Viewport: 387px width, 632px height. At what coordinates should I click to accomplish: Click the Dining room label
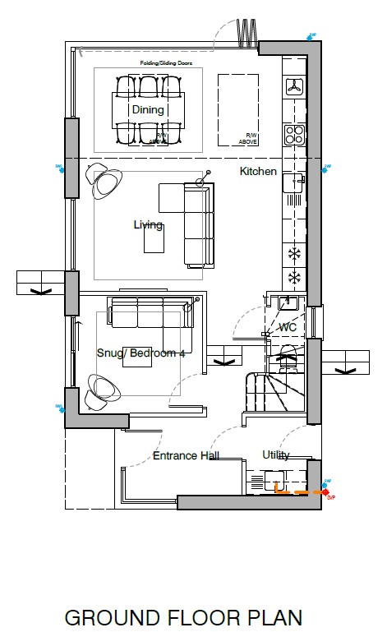coord(148,109)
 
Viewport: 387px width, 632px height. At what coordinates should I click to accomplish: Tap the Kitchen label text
coord(258,172)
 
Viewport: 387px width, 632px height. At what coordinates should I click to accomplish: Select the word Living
coord(148,224)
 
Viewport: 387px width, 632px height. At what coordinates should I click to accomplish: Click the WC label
coord(287,327)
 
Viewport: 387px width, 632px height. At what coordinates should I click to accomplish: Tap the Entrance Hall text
coord(186,455)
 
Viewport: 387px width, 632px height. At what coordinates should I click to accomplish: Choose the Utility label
coord(275,454)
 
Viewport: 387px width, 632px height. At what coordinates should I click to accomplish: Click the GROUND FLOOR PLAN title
coord(183,616)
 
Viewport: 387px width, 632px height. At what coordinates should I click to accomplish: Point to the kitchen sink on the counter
coord(292,186)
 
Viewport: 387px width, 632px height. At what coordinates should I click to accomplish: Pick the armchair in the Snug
coord(101,388)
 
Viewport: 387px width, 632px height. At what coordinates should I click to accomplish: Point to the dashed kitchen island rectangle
coord(238,108)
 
